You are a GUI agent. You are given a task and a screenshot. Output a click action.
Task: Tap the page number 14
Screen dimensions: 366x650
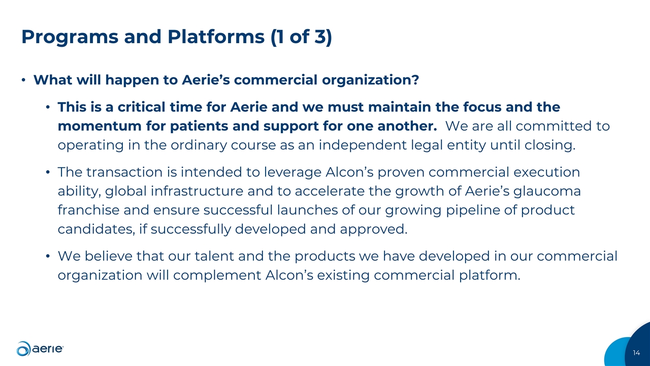click(637, 353)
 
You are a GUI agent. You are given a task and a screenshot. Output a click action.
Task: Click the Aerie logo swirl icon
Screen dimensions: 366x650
click(24, 349)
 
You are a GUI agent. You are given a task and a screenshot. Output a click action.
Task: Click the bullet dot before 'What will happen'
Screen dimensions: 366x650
click(23, 81)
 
